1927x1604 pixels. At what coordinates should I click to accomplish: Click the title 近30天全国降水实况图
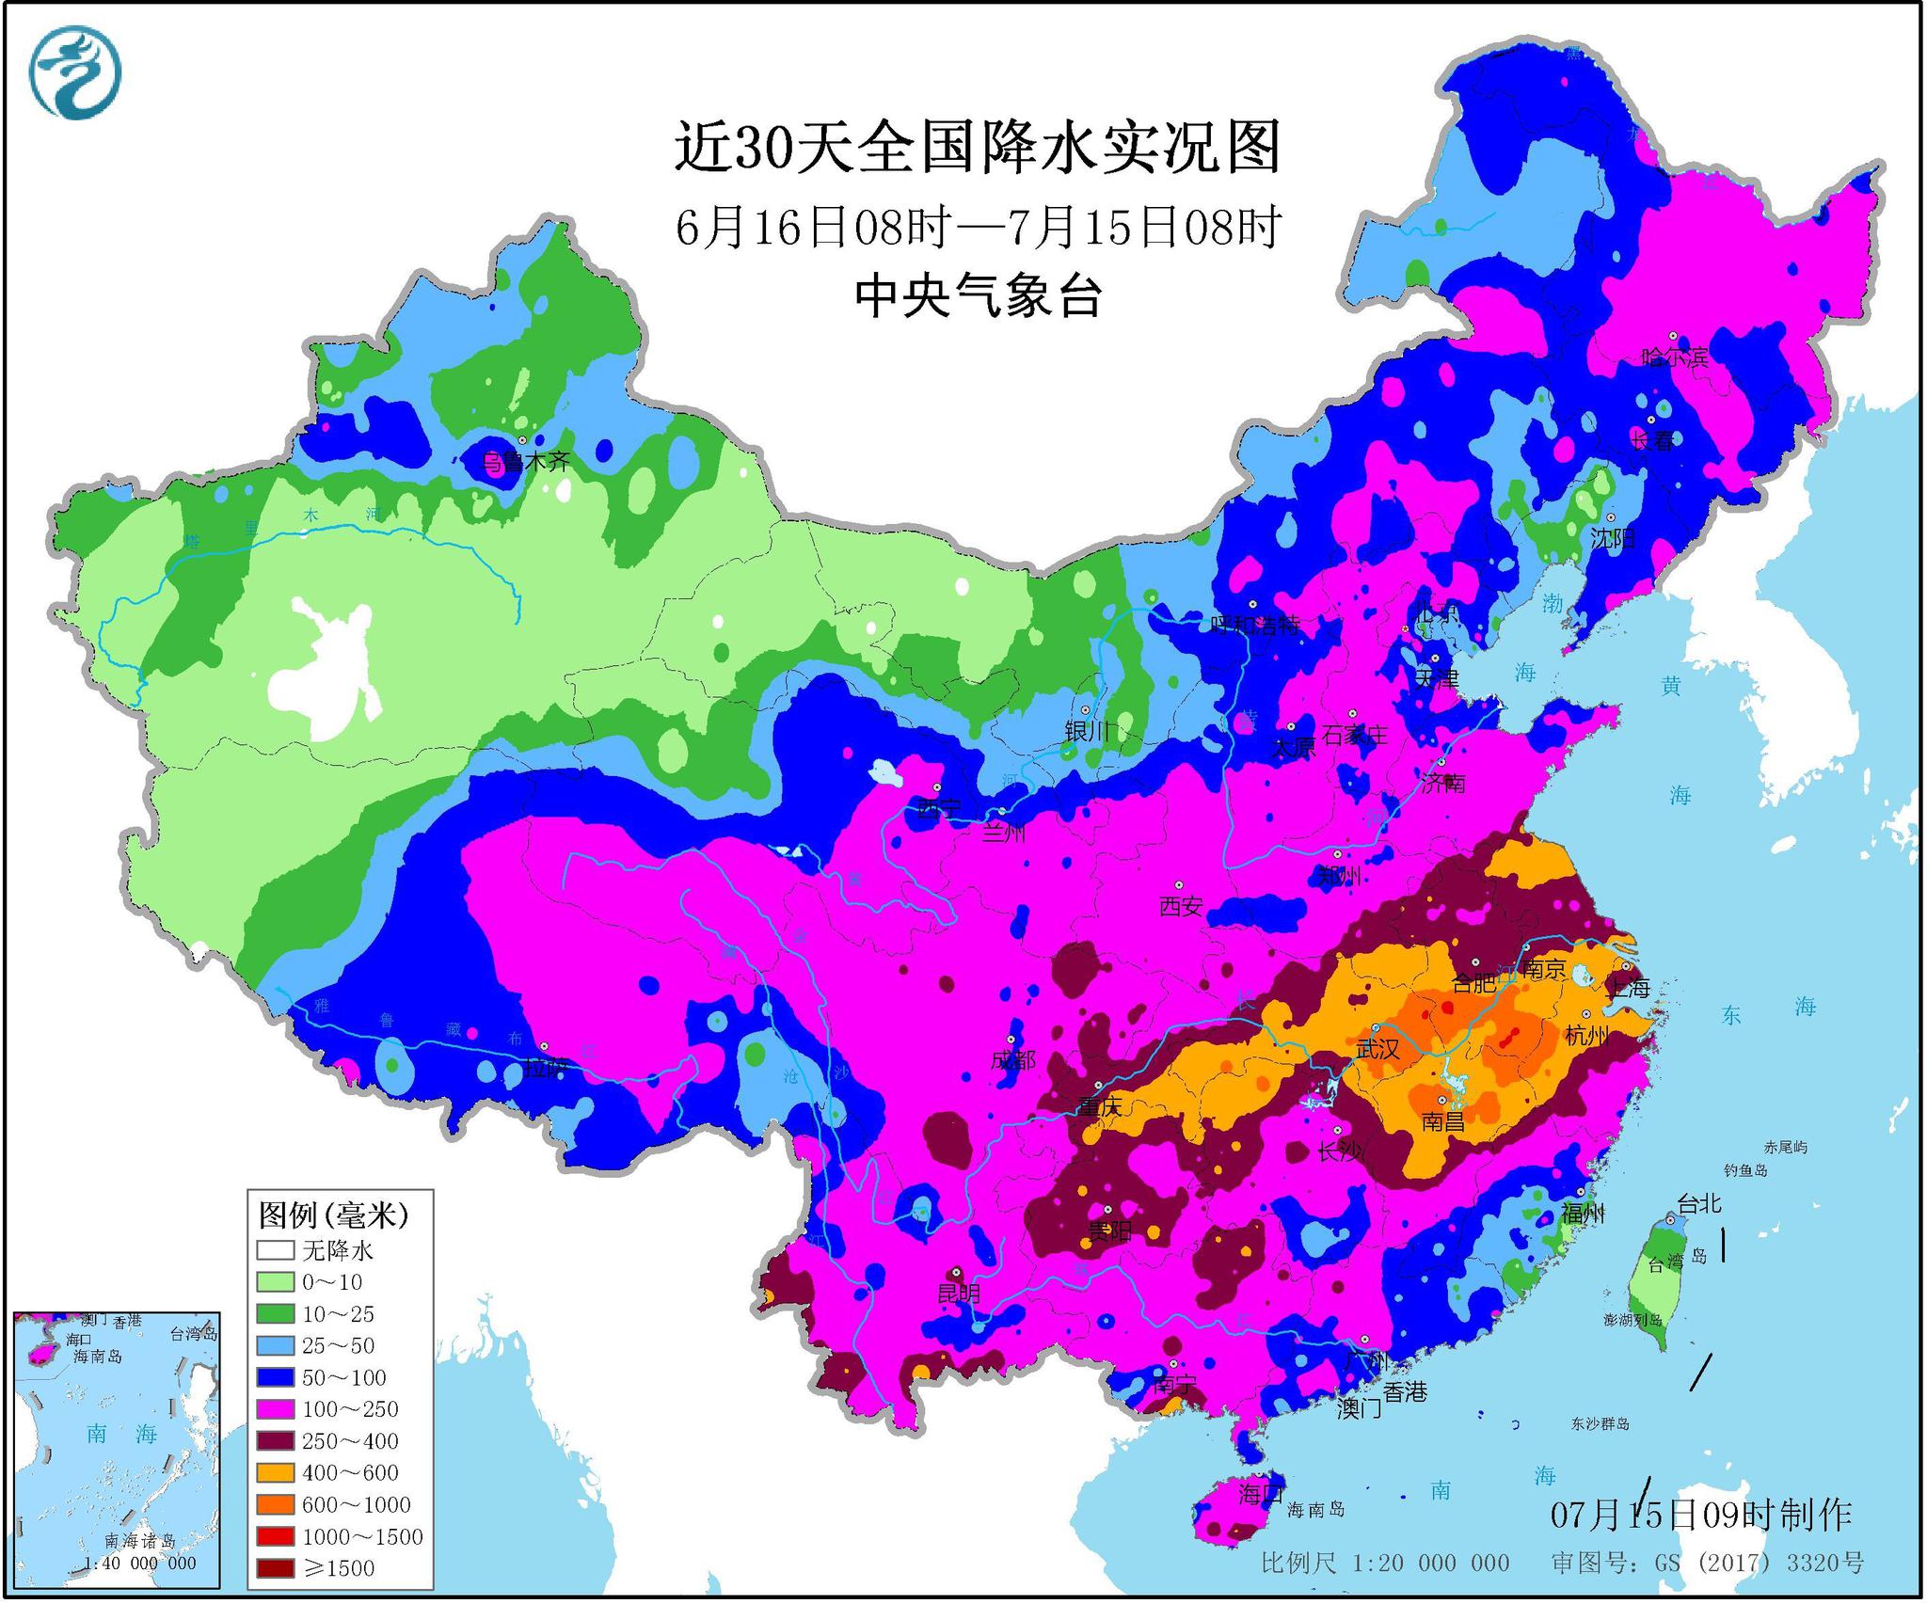coord(977,148)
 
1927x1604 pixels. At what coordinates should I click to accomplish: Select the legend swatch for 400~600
coord(276,1472)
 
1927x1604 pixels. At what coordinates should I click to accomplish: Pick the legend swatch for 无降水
coord(276,1250)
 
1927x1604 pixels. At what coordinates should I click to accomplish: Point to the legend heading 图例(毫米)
coord(333,1215)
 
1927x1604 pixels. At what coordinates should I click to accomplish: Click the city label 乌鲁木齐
coord(526,461)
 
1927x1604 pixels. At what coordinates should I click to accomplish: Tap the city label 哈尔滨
coord(1674,357)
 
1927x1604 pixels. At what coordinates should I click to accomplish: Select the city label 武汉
coord(1378,1049)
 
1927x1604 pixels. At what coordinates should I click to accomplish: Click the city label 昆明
coord(959,1294)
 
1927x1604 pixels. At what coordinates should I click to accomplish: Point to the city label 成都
coord(1013,1060)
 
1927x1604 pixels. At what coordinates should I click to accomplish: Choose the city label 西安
coord(1181,906)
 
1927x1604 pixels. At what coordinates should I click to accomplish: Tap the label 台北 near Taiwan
coord(1699,1203)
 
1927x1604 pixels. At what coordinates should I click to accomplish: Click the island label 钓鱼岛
coord(1745,1170)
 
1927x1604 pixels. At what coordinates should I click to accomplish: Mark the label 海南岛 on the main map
coord(1315,1510)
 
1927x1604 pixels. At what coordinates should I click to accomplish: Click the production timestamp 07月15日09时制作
coord(1701,1515)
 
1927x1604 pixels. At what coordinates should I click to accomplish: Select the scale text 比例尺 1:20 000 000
coord(1385,1564)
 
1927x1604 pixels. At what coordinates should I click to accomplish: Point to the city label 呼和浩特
coord(1256,624)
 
